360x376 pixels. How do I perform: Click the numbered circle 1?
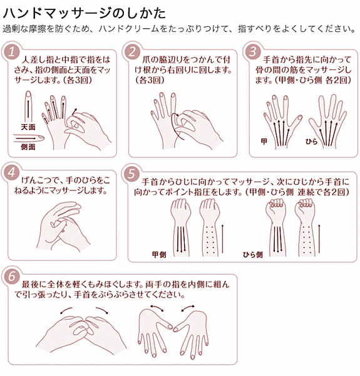point(11,52)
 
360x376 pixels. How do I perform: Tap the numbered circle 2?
point(132,52)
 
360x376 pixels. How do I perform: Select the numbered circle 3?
point(253,52)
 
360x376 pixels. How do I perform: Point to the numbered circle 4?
point(11,173)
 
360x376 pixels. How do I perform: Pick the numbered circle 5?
point(131,174)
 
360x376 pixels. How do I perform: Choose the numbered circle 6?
point(11,276)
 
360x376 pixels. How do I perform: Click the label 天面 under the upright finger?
point(28,127)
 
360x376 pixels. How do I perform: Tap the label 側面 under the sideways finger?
point(28,147)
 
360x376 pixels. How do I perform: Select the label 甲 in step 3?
point(264,142)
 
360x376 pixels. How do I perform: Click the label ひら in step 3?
point(311,142)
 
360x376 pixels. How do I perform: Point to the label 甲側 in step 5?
point(159,254)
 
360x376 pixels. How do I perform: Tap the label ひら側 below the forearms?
point(253,254)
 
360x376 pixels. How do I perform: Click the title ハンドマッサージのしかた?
point(85,13)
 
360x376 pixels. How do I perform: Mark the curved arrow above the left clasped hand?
point(66,310)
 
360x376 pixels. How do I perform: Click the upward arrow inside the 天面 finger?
point(29,109)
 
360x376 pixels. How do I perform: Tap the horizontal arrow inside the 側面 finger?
point(26,138)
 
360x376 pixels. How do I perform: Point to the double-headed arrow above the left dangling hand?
point(157,308)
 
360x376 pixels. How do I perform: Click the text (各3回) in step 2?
point(150,80)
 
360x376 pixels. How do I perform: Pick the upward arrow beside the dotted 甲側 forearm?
point(223,239)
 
